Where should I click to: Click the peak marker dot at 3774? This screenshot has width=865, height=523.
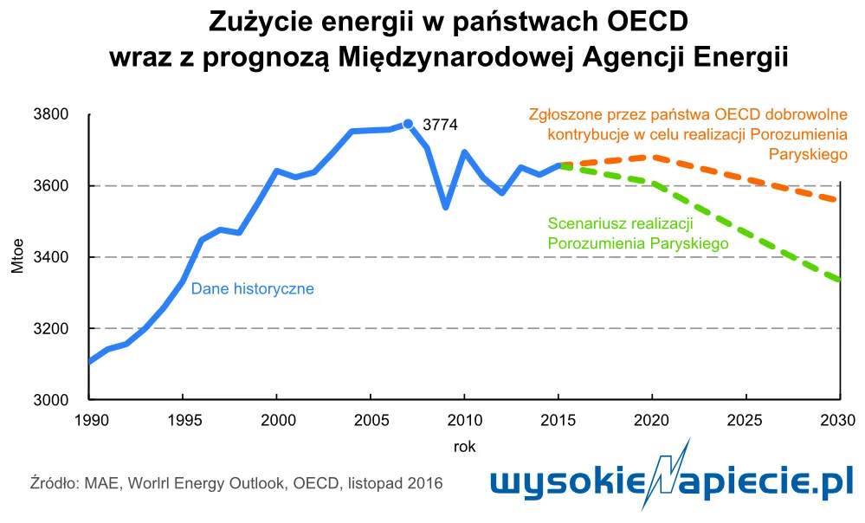(408, 124)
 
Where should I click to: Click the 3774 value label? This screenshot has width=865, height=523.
(439, 126)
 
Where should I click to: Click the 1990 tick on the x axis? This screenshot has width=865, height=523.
(90, 420)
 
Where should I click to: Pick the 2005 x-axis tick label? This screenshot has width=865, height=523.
(370, 420)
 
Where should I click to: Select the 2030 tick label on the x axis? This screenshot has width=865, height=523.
(838, 420)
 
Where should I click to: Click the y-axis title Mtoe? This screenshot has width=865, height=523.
(18, 257)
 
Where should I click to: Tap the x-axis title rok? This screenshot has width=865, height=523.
(464, 447)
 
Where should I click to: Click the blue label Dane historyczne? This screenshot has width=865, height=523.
(252, 289)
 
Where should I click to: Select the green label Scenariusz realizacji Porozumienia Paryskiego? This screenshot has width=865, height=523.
(637, 234)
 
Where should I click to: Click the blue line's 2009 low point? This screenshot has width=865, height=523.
(445, 207)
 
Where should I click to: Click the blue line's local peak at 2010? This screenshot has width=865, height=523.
(464, 152)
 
